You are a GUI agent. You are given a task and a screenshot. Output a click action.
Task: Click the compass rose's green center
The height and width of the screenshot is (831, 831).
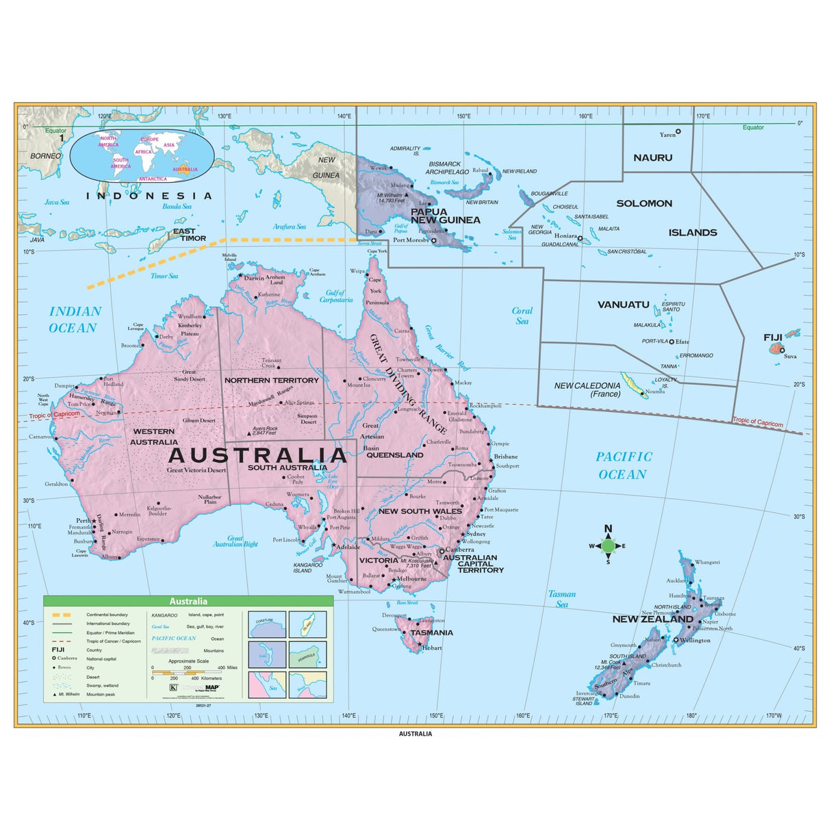click(608, 546)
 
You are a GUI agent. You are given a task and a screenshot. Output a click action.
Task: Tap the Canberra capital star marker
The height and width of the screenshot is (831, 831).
click(442, 550)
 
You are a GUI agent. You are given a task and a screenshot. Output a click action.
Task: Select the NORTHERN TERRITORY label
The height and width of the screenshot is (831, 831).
click(272, 380)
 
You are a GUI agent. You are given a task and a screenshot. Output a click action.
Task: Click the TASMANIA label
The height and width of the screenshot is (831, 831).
click(431, 632)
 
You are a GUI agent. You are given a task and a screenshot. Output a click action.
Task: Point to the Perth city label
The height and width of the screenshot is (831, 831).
click(83, 521)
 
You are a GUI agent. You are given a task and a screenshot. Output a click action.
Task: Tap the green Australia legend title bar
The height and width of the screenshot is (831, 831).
click(188, 601)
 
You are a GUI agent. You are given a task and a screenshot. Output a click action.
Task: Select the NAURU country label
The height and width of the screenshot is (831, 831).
click(652, 157)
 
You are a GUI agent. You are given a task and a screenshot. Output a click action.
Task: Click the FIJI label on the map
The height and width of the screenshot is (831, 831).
click(773, 337)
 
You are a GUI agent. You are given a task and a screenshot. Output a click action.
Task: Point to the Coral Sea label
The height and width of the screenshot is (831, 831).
click(522, 316)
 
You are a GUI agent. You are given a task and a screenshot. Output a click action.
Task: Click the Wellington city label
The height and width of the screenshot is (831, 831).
click(695, 641)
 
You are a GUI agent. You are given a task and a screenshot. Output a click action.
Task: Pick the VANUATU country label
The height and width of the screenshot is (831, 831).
click(623, 305)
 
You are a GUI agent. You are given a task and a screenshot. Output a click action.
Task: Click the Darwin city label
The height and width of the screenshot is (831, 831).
click(254, 278)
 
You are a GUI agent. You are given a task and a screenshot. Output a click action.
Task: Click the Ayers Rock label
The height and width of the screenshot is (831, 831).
click(265, 431)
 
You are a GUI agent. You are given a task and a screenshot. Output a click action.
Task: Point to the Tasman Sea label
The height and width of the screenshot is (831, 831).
click(561, 599)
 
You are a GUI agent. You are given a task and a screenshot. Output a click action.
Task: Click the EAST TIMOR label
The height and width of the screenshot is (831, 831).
click(189, 235)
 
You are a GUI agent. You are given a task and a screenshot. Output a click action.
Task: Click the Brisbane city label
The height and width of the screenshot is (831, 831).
click(506, 457)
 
